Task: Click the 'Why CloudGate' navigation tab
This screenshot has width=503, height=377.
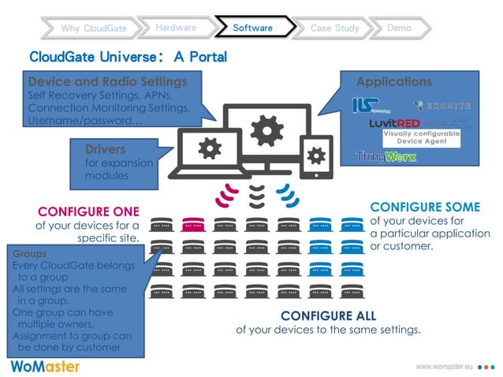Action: [x=93, y=28]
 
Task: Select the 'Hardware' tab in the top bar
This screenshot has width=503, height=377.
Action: [x=176, y=28]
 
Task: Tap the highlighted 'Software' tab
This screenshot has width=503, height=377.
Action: [x=252, y=28]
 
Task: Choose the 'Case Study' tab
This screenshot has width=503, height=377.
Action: [x=334, y=28]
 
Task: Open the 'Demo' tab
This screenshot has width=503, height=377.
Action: [x=399, y=28]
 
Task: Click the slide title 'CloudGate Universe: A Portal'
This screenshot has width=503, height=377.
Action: [x=128, y=57]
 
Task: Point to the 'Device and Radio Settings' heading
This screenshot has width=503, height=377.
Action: [x=107, y=82]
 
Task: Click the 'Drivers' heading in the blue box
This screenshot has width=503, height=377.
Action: [x=105, y=149]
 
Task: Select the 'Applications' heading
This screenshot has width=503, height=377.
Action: [x=393, y=82]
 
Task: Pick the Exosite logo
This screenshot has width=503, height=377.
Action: [x=442, y=106]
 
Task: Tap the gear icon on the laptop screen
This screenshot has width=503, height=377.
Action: [x=209, y=147]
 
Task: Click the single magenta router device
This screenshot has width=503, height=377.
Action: [x=193, y=225]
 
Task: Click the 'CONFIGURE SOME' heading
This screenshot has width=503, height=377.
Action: [x=424, y=207]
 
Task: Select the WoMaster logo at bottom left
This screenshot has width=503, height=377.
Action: [x=43, y=366]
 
